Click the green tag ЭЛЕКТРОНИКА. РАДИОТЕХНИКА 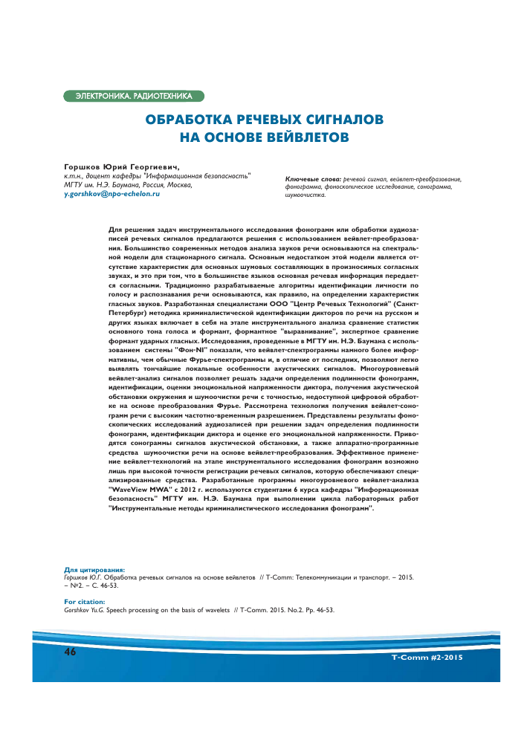pyautogui.click(x=133, y=96)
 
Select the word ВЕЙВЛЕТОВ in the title pyautogui.click(x=304, y=137)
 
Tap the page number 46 pyautogui.click(x=71, y=652)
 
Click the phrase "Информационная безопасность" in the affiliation pyautogui.click(x=209, y=176)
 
